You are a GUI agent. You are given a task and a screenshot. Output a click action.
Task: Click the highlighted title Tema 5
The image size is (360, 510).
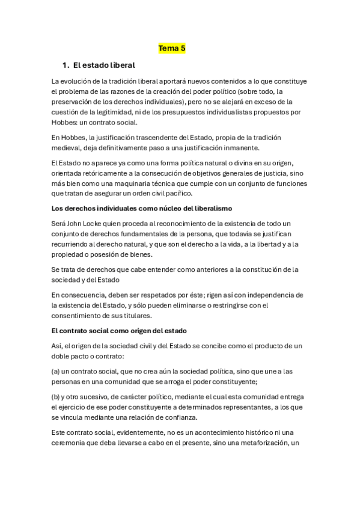(171, 48)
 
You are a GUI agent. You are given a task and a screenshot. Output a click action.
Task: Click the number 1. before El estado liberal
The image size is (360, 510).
(66, 64)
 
